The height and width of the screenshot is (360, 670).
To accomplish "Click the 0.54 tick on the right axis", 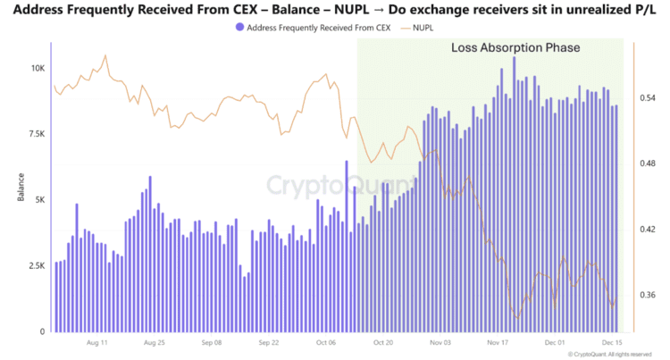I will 647,98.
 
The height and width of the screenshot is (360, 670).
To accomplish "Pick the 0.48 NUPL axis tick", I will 647,164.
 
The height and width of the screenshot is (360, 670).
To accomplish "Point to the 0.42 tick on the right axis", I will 647,230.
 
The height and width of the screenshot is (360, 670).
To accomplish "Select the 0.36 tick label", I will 647,296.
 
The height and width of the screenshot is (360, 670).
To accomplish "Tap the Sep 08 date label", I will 212,342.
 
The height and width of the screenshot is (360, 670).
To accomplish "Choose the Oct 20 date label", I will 384,342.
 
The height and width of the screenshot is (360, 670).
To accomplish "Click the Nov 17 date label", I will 498,342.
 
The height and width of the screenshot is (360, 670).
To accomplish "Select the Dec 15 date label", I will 612,342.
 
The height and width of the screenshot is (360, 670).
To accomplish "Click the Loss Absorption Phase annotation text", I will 515,47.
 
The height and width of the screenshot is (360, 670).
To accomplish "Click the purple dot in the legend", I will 238,28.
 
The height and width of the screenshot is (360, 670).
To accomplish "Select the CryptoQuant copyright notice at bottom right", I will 606,354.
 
